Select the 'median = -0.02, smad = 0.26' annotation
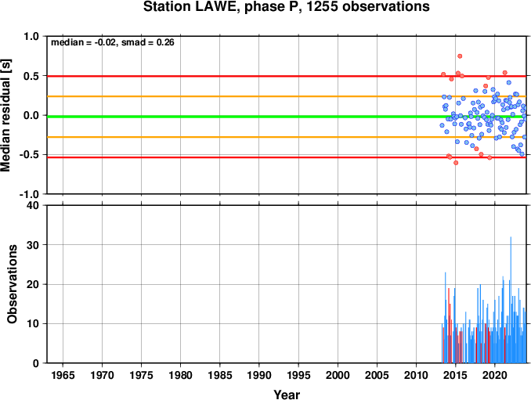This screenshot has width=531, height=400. click(113, 42)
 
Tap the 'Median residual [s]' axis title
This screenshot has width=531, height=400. click(5, 115)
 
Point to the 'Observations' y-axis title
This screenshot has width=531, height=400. click(13, 284)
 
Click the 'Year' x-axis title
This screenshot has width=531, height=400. click(287, 395)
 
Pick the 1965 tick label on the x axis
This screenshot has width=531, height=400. click(63, 375)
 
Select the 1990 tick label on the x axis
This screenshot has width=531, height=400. click(259, 375)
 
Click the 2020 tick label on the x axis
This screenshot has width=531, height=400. click(495, 375)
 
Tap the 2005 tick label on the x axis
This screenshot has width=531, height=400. click(377, 375)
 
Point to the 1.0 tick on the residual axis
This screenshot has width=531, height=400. click(31, 36)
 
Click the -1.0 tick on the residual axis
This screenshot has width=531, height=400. click(29, 195)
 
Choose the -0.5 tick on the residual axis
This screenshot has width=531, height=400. click(29, 155)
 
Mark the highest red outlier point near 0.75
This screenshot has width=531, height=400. click(460, 56)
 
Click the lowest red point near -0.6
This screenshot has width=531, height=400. click(456, 163)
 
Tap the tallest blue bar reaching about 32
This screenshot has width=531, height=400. click(511, 300)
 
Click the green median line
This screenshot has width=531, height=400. click(287, 117)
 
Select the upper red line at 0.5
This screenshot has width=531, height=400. click(287, 76)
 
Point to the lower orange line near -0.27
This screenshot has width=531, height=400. click(287, 137)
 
